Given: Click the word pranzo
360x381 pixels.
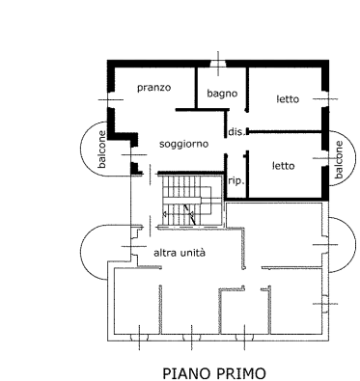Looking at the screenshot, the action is [153, 88].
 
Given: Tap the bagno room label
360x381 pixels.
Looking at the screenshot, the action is [222, 94].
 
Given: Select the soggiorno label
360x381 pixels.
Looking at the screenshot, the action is [184, 145].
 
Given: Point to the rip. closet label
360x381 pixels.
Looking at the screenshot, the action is [236, 181].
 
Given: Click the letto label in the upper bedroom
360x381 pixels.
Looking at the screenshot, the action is [288, 99].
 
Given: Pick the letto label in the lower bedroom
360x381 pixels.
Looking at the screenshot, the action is [283, 166].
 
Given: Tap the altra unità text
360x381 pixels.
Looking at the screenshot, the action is [180, 253].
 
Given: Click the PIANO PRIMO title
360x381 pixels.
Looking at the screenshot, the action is [214, 373].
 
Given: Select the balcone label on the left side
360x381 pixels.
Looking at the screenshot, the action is [102, 150].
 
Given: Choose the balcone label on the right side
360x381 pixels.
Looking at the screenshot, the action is [339, 160].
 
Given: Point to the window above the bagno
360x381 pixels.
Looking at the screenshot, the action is [218, 64].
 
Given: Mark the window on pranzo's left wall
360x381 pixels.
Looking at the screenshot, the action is [110, 99].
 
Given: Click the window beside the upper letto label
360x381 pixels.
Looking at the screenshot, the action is [325, 99].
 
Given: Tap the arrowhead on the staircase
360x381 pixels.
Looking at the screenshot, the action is [164, 214].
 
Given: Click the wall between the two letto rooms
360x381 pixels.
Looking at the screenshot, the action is [286, 132].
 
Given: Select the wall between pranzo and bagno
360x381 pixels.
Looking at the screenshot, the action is [195, 88].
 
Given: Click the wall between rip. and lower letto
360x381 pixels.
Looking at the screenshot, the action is [247, 176].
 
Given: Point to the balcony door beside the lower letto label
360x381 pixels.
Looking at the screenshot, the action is [325, 158].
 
